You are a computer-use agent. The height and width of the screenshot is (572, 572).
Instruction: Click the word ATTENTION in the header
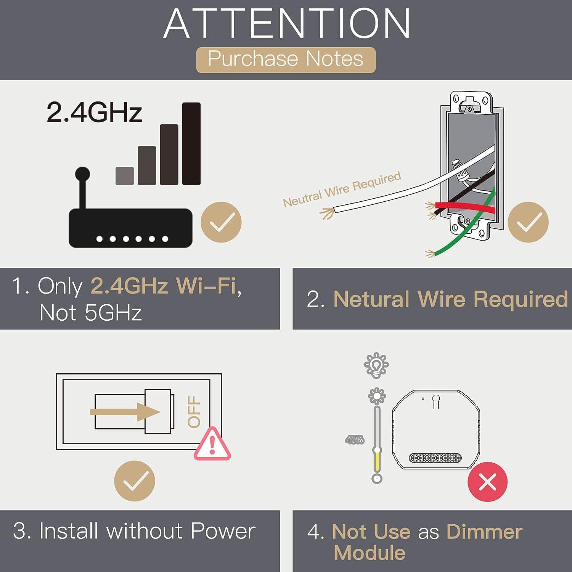(287, 24)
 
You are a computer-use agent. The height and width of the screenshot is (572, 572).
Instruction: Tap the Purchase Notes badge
(286, 60)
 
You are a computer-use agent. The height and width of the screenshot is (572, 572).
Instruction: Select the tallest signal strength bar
(191, 144)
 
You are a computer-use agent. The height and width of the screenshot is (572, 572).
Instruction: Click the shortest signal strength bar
(125, 176)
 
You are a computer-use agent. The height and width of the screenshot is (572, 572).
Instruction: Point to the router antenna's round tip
(82, 174)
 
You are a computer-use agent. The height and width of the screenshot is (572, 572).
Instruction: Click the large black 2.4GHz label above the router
(95, 112)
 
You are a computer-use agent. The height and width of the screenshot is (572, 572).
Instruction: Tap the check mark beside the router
(221, 222)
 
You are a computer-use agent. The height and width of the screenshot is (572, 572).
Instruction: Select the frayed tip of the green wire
(430, 254)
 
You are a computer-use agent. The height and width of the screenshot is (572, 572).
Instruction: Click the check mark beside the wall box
(528, 222)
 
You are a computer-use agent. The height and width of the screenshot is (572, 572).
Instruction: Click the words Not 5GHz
(91, 313)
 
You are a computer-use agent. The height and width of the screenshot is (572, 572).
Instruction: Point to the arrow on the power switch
(125, 412)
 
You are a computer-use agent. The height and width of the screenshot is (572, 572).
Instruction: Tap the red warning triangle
(212, 444)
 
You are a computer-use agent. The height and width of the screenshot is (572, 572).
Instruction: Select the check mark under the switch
(135, 481)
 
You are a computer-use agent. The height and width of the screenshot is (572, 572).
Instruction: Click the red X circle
(488, 482)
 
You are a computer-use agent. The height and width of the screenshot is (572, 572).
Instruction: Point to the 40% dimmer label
(355, 440)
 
